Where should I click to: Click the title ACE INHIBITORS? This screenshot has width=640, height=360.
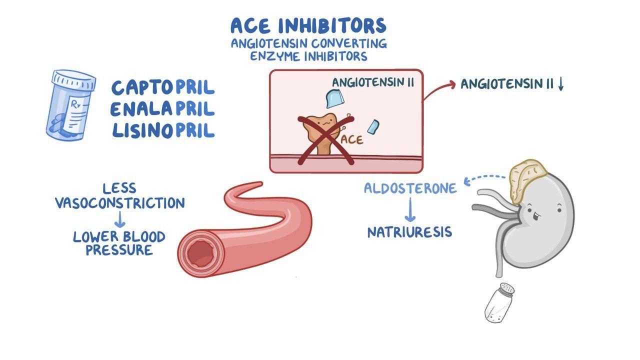point(308,25)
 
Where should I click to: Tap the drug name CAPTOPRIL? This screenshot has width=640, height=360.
point(163,87)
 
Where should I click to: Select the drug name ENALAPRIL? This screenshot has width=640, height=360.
point(162,109)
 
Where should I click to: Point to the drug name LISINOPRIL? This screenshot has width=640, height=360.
point(163,130)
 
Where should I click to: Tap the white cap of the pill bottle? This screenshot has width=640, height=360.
point(74,80)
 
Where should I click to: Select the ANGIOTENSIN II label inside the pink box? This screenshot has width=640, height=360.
point(373,82)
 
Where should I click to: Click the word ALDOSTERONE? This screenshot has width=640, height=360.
point(410,188)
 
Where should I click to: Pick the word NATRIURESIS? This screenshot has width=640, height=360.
point(409,232)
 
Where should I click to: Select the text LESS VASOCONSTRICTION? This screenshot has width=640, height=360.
point(120,196)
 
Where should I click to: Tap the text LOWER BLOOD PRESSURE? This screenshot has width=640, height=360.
point(119,243)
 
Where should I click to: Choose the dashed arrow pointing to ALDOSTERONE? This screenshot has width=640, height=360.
point(485,177)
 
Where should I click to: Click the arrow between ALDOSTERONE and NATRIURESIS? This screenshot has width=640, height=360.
point(410,209)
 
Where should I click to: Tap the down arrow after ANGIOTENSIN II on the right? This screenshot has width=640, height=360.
point(560,85)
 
